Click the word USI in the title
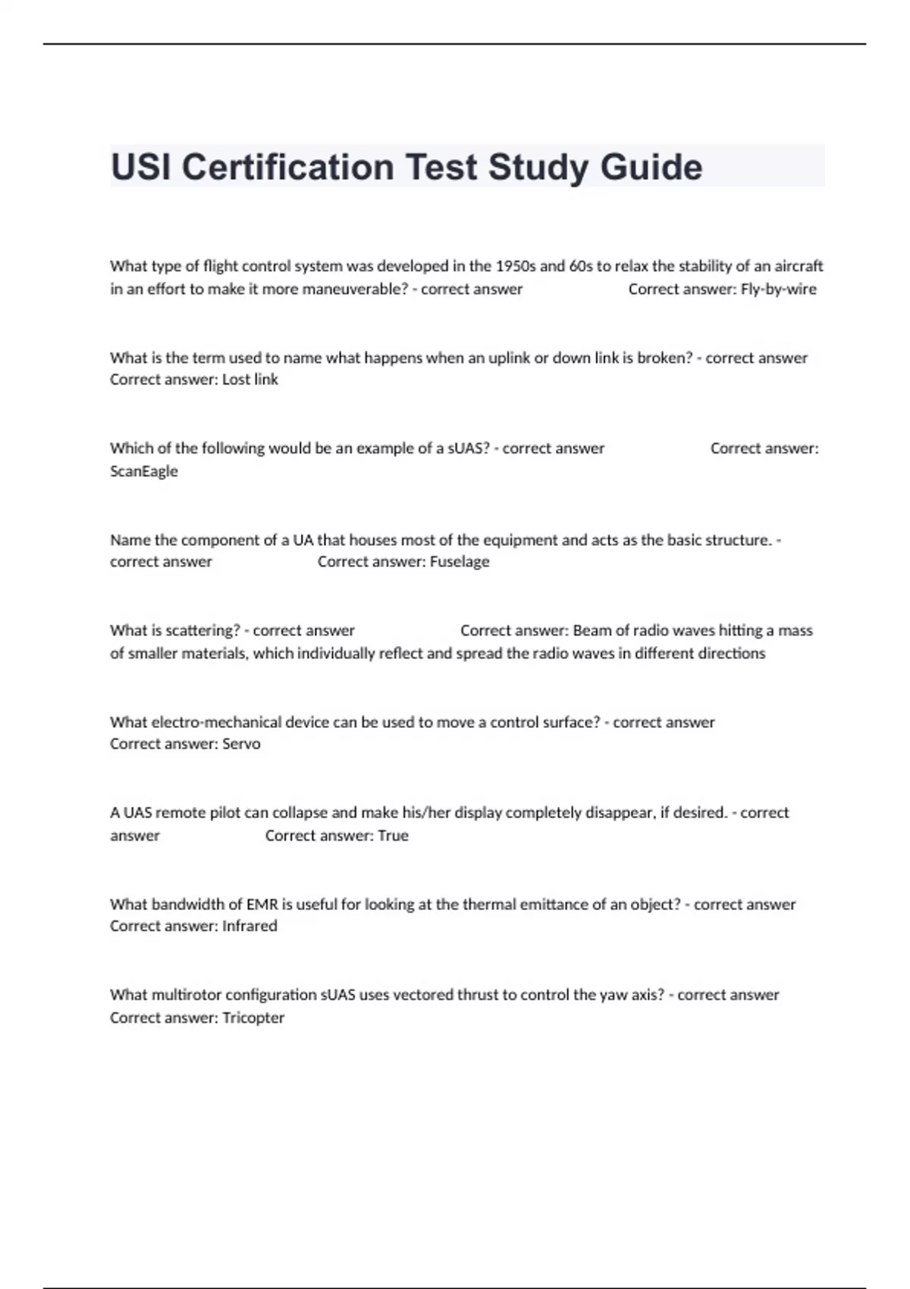click(x=140, y=168)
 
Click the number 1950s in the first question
click(x=515, y=266)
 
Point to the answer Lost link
click(x=250, y=379)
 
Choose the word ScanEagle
click(x=144, y=471)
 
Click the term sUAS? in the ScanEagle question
click(x=468, y=448)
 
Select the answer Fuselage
click(x=460, y=562)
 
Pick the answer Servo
click(x=241, y=744)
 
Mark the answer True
click(x=393, y=836)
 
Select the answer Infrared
click(x=249, y=926)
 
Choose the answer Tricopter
click(x=253, y=1018)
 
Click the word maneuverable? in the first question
click(x=355, y=289)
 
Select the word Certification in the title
click(x=287, y=168)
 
